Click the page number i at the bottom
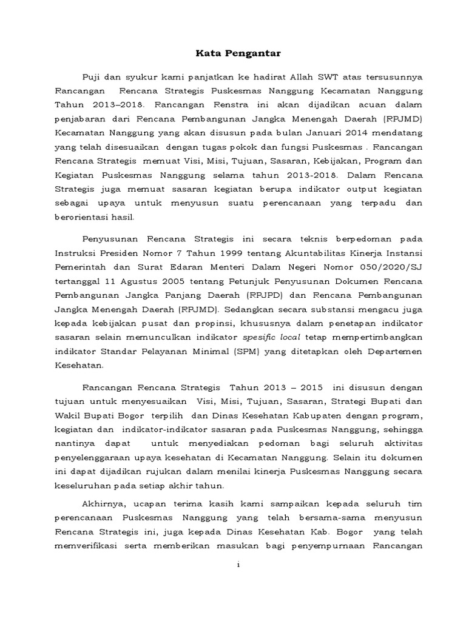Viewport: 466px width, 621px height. (x=238, y=564)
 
